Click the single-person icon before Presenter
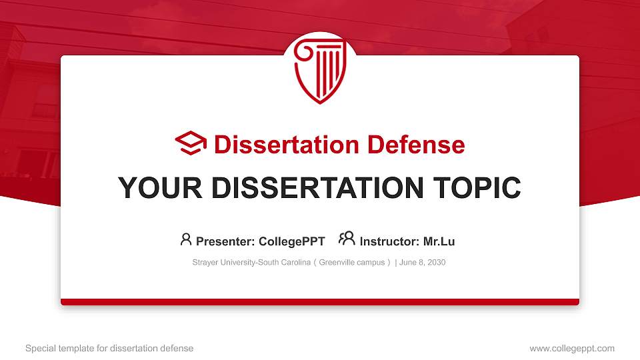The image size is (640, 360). point(186,239)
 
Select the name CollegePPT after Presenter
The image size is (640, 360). point(291,241)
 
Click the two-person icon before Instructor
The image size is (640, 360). point(347,239)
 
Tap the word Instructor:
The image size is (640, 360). point(389,241)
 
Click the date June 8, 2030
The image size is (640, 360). point(423,263)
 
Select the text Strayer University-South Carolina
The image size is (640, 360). point(252,263)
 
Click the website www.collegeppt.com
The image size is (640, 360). point(572,348)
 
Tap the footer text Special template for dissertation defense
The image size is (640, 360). point(109,348)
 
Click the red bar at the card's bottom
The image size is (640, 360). point(320,302)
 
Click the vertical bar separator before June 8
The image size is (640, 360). point(396,263)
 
